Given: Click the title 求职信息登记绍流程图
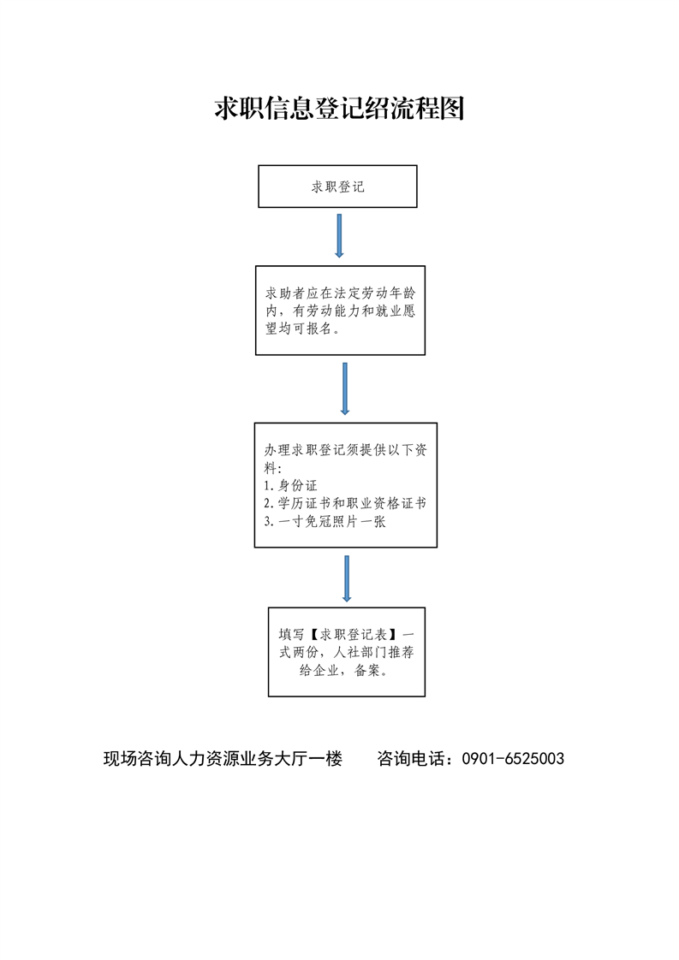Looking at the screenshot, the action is (x=339, y=109).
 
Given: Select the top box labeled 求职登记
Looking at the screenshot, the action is (x=337, y=187).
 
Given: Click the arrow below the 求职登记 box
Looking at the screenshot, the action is (x=339, y=235).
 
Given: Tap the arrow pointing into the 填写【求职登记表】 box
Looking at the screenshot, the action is (x=347, y=578).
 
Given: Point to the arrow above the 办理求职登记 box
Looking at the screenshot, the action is (x=345, y=388).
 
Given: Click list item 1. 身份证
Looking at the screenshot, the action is (x=290, y=485).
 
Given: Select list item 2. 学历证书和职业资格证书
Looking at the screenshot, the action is (x=345, y=503).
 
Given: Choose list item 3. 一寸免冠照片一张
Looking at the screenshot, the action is (x=325, y=522).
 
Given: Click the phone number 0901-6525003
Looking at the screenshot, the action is (x=513, y=759).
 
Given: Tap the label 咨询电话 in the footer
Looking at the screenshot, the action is (x=411, y=759).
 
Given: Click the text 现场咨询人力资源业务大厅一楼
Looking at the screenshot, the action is (x=223, y=759).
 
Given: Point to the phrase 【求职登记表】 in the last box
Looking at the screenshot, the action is (x=353, y=634).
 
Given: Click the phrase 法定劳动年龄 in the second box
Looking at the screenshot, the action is (x=374, y=293).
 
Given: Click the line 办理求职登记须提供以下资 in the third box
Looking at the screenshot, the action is (x=346, y=450).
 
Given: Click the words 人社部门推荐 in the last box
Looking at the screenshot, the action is (x=374, y=652).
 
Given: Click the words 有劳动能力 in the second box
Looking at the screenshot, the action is (x=326, y=311).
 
